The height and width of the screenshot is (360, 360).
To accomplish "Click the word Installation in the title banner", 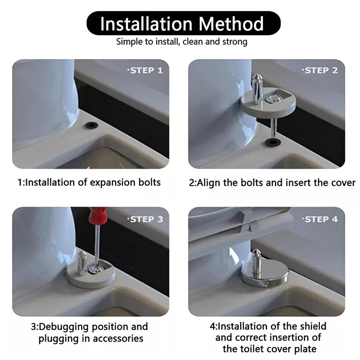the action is click(146, 24).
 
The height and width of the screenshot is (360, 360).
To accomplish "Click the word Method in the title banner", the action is click(231, 24).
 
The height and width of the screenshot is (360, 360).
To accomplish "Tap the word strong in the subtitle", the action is click(234, 42).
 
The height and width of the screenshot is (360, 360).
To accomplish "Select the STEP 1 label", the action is click(145, 71).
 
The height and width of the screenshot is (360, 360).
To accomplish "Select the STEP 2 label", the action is click(320, 71).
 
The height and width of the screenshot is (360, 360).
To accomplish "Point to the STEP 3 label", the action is click(145, 219).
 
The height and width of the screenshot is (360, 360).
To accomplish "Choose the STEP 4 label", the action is click(320, 219).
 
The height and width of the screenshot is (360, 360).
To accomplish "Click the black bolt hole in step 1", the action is click(91, 126).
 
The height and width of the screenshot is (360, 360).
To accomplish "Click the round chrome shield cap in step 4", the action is click(265, 276).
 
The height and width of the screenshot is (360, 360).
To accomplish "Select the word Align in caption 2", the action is click(209, 183).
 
